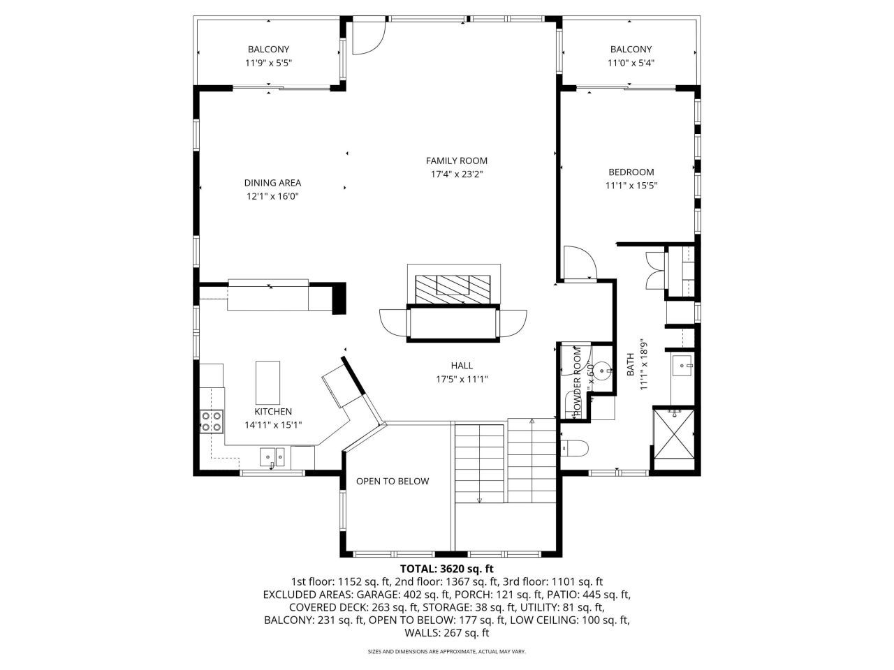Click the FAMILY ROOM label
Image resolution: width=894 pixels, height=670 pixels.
[x=457, y=161]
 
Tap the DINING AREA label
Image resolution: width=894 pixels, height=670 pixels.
[x=272, y=183]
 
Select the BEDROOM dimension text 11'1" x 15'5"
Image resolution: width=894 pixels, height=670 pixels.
[x=631, y=186]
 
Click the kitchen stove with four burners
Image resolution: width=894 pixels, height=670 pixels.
[x=212, y=422]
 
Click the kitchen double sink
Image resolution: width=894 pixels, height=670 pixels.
[x=272, y=458]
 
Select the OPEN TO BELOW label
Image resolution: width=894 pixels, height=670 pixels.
[x=393, y=481]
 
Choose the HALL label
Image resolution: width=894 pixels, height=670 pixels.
[x=462, y=365]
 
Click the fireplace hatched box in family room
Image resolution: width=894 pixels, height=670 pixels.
[x=453, y=287]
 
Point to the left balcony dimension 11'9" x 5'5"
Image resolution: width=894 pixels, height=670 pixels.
[x=268, y=63]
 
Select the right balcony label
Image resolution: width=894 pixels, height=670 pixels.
[x=631, y=49]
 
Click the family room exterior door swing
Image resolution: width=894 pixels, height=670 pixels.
[x=366, y=39]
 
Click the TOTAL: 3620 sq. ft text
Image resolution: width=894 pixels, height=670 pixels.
[x=447, y=568]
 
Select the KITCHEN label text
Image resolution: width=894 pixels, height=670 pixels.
[x=273, y=412]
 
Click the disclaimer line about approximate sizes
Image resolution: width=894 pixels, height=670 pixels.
[x=447, y=652]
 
